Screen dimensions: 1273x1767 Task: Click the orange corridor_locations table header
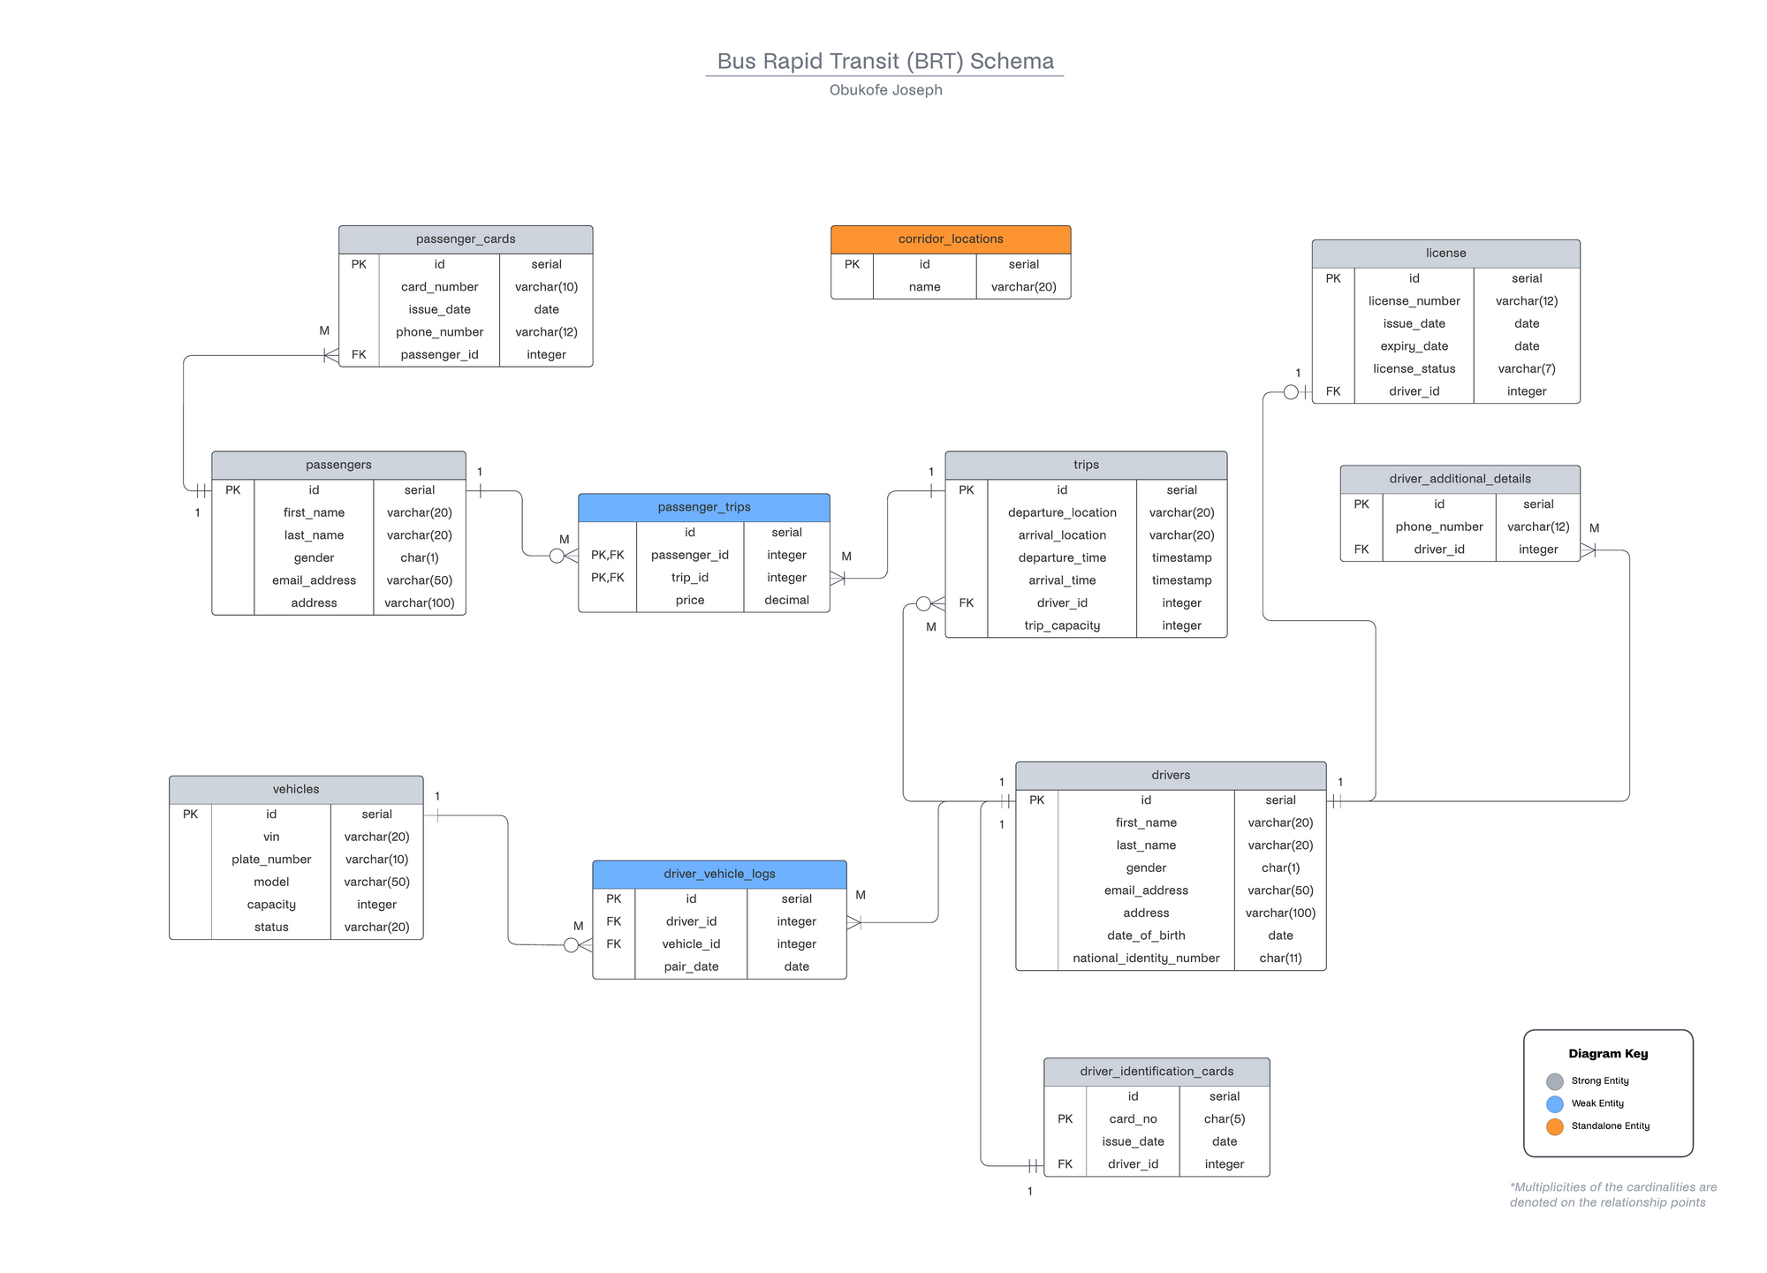[950, 239]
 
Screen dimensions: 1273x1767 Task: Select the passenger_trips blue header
[703, 507]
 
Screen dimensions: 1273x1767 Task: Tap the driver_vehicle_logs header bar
[719, 874]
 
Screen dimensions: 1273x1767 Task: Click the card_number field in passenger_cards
[439, 287]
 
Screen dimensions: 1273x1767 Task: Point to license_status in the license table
[1414, 369]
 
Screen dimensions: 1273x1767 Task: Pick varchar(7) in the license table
[1526, 369]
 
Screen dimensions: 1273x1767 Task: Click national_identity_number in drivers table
[1145, 959]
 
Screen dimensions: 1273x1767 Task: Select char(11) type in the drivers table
[1279, 959]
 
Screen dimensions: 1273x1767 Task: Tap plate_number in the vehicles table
[271, 860]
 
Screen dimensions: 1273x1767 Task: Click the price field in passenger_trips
[689, 601]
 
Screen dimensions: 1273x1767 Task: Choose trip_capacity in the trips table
[1061, 625]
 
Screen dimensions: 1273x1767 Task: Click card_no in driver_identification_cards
[1133, 1119]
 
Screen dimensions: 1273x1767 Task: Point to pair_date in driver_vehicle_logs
[691, 967]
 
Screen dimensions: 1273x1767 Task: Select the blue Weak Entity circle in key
[1555, 1104]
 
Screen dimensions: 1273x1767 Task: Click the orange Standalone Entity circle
[1555, 1126]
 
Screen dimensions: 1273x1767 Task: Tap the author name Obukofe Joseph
[885, 90]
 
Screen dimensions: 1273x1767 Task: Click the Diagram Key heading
[1608, 1054]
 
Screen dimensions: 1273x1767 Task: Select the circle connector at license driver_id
[1291, 392]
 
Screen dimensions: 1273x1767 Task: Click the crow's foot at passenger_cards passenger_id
[330, 355]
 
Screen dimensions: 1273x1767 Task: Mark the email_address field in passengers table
[314, 580]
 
